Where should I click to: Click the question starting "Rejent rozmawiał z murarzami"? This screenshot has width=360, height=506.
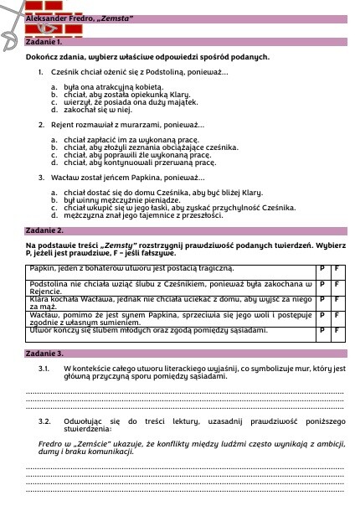116,124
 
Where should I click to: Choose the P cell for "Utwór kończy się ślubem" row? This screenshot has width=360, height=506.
322,332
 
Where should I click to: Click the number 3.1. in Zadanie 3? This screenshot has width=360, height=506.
46,369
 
